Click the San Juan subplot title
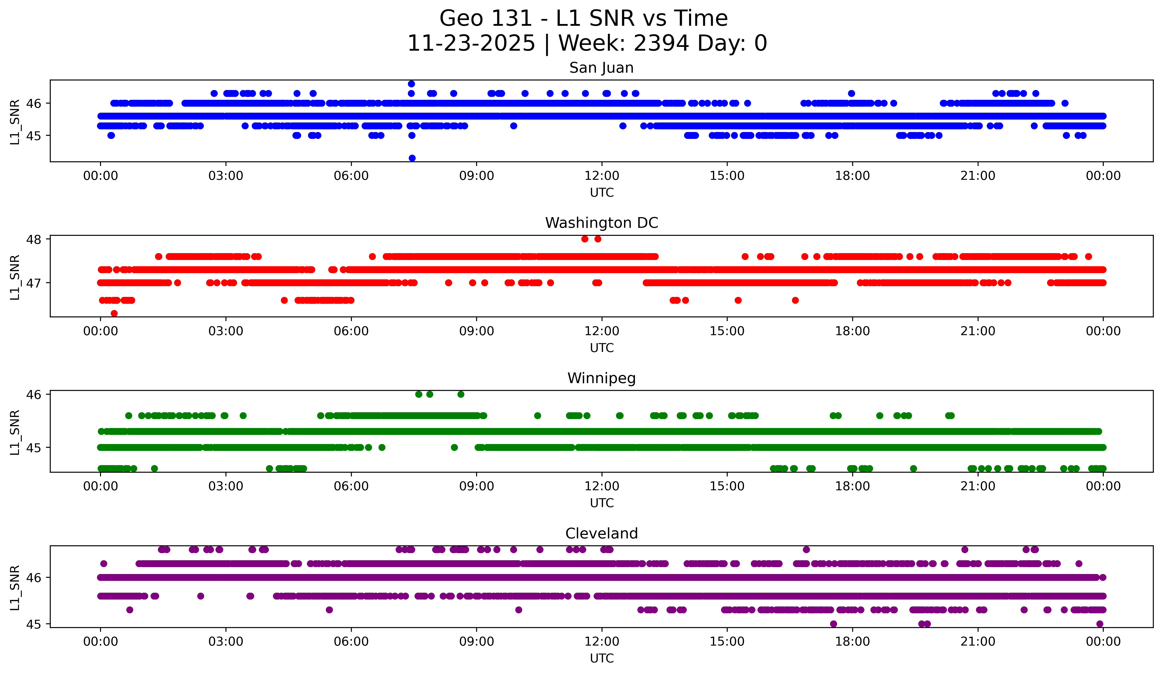point(601,68)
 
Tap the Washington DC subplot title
point(601,223)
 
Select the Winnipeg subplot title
point(601,378)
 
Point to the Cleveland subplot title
point(601,534)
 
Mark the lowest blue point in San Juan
point(412,158)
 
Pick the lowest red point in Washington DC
point(114,313)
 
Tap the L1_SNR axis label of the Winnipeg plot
point(15,432)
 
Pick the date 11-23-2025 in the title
point(471,43)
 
